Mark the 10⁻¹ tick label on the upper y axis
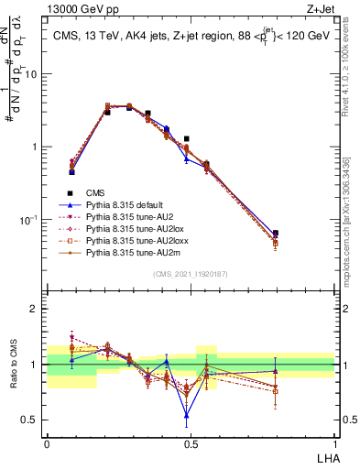31,220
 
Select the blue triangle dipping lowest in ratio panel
187,415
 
